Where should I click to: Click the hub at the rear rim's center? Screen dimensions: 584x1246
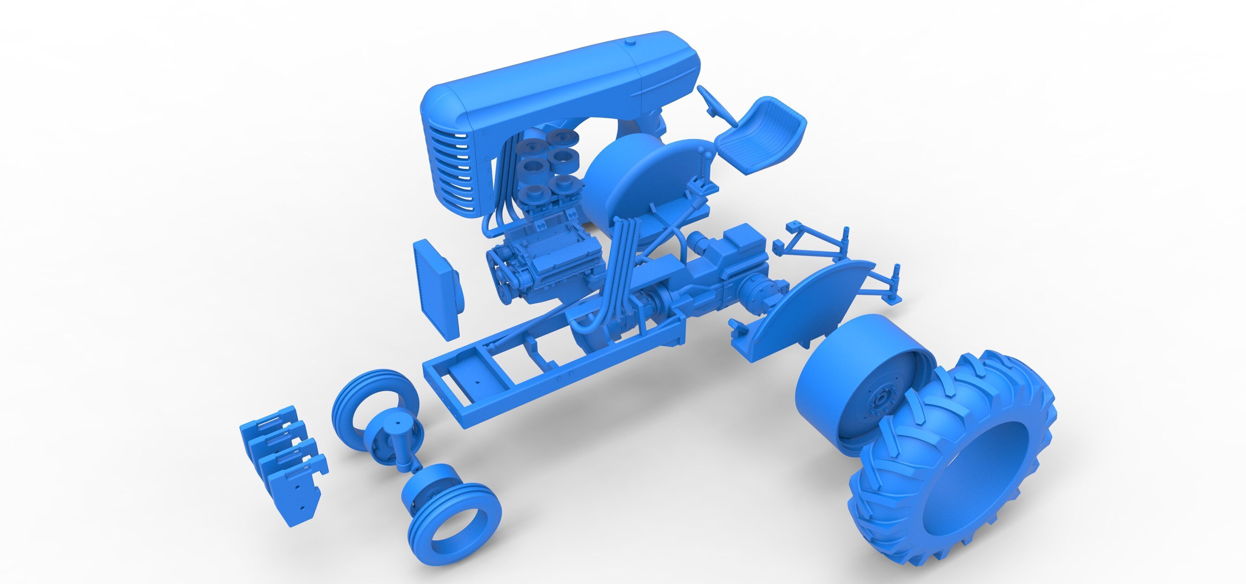[x=882, y=399]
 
